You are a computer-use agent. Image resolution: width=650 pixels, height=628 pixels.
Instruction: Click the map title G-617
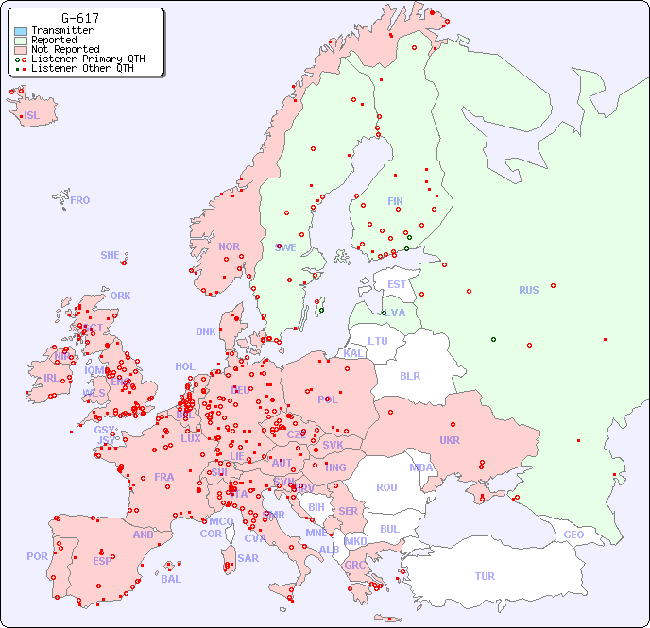pos(80,18)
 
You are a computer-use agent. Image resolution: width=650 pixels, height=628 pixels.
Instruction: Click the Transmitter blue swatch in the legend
pos(21,31)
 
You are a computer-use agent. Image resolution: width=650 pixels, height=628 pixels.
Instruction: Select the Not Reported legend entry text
pos(65,49)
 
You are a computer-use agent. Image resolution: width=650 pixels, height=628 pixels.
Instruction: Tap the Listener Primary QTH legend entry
pos(88,59)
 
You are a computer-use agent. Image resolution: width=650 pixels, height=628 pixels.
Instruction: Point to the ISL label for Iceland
pos(32,116)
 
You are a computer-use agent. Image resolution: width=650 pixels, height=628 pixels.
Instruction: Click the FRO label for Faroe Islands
pos(80,200)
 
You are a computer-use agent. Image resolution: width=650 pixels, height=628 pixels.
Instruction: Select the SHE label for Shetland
pos(111,255)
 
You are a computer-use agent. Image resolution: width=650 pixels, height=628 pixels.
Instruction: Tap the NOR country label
pos(229,246)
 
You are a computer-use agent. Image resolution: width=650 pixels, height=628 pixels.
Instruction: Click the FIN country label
pos(395,201)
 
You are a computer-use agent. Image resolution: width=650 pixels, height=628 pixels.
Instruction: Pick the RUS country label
pos(528,290)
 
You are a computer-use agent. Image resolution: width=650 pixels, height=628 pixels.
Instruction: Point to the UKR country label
pos(450,440)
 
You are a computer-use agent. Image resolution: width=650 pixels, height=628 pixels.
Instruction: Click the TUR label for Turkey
pos(485,576)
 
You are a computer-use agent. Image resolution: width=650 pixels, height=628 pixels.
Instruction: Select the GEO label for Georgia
pos(573,535)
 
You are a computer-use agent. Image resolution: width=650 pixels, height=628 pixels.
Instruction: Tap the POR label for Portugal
pos(37,556)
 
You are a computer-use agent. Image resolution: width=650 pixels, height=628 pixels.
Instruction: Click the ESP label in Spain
pos(102,560)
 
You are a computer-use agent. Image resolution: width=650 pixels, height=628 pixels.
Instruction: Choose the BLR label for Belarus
pos(410,375)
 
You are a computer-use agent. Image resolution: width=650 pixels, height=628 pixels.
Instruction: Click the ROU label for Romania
pos(386,487)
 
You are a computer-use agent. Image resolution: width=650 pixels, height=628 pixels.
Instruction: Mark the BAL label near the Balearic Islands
pos(171,579)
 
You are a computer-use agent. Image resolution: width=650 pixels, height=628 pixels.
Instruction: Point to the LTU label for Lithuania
pos(378,340)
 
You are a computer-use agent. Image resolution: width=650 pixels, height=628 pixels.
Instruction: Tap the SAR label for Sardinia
pos(248,557)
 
